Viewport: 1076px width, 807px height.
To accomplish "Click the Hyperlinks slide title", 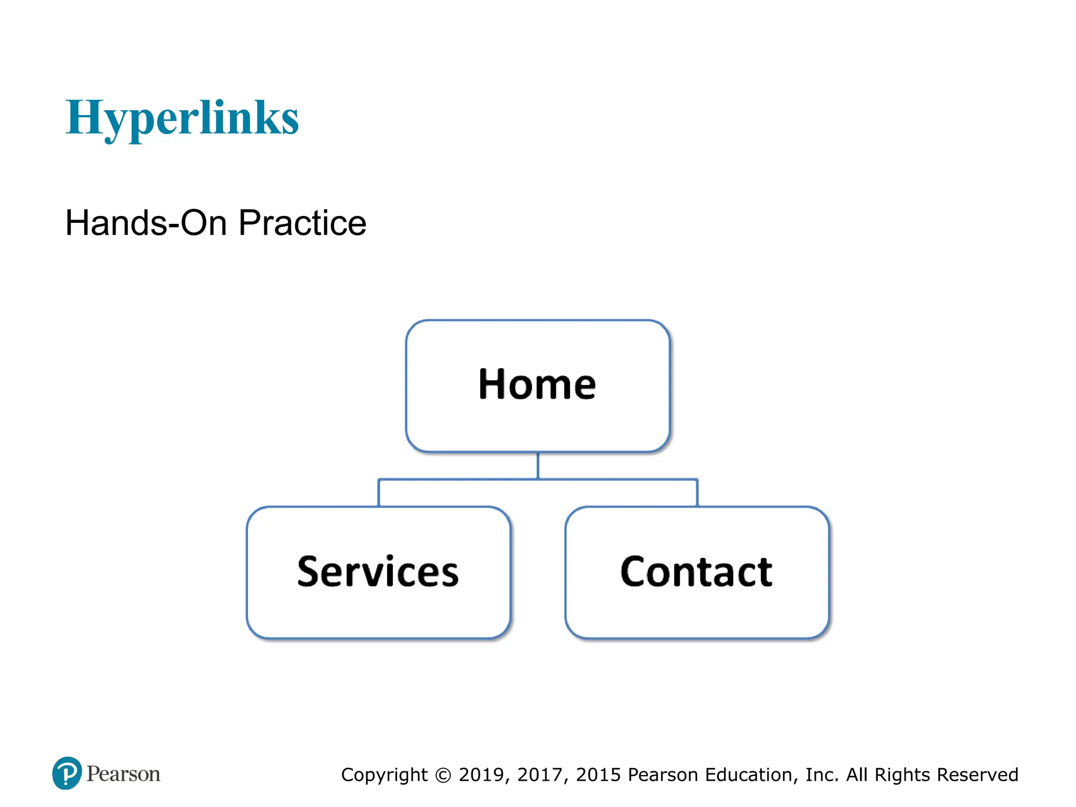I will [182, 118].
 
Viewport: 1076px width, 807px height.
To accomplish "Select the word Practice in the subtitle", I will [302, 223].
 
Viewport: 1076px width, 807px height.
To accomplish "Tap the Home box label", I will [537, 385].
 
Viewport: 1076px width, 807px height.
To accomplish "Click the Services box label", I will [378, 572].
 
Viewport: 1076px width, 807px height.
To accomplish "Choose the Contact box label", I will [696, 572].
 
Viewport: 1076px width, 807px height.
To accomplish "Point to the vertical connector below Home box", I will [538, 465].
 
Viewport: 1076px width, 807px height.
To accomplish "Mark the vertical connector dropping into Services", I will [379, 493].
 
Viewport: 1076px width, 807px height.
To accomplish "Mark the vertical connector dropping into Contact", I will [697, 493].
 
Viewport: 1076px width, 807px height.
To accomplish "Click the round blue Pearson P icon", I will [67, 773].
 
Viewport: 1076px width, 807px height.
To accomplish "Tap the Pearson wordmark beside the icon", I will [123, 774].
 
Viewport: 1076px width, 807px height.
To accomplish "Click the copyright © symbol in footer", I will [443, 775].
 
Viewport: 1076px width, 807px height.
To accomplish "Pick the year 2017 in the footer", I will [540, 775].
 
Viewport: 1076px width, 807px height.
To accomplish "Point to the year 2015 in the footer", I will [598, 775].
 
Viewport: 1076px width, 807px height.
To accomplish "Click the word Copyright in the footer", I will [384, 775].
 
